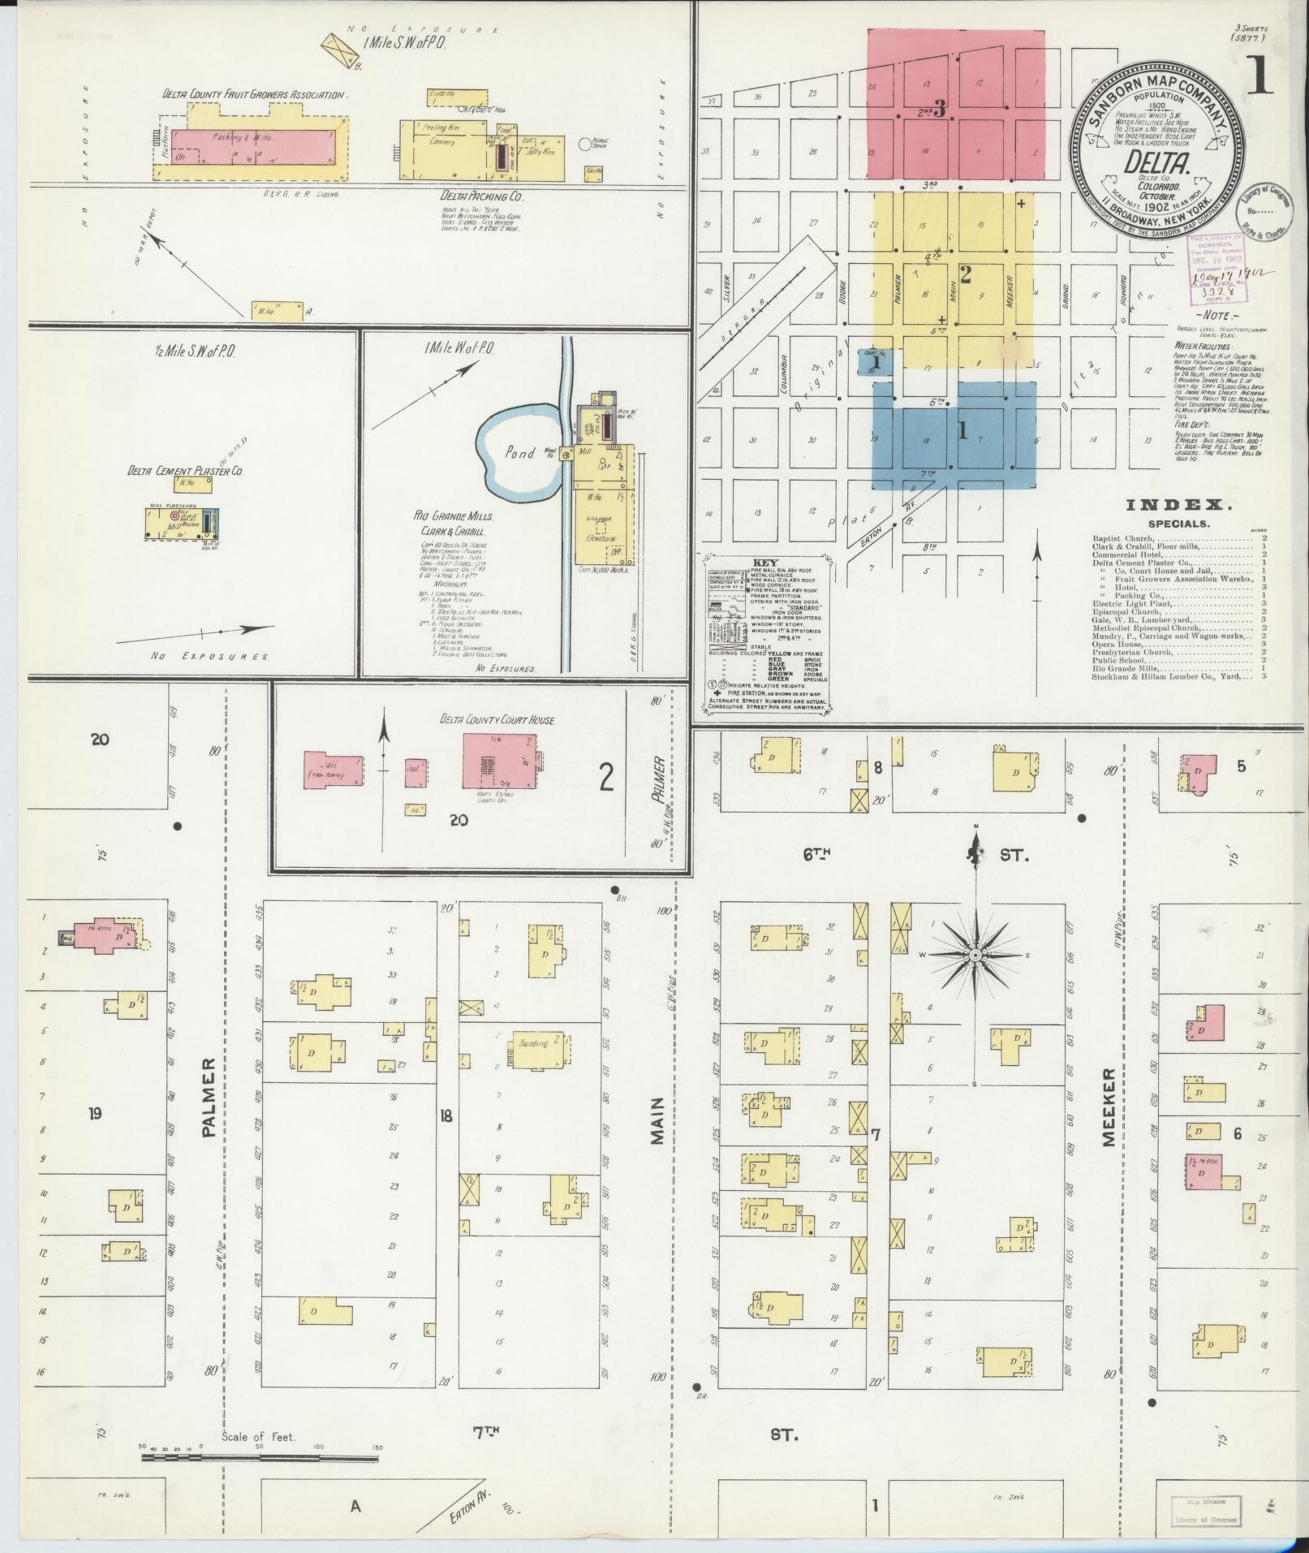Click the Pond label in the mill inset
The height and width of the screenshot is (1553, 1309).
click(520, 453)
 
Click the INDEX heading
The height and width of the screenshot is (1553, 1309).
click(1178, 505)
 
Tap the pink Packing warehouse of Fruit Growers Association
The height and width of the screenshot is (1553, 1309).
click(256, 147)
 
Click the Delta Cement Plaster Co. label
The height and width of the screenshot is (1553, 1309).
click(185, 470)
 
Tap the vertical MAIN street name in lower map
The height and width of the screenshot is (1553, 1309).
click(657, 1121)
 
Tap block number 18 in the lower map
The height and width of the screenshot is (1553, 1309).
click(446, 1115)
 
